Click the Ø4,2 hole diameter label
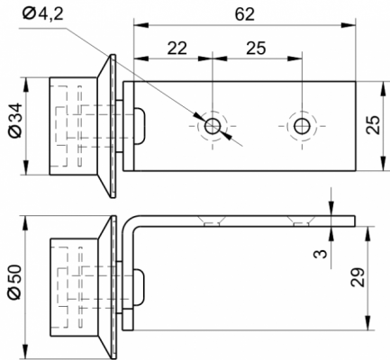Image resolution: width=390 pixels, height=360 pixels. pyautogui.click(x=43, y=13)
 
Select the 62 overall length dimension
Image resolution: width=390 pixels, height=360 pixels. pyautogui.click(x=245, y=14)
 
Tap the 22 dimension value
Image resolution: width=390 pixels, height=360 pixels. pyautogui.click(x=177, y=48)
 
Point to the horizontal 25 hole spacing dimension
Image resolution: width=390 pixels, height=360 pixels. pyautogui.click(x=256, y=48)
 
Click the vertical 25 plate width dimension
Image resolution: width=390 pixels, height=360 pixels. pyautogui.click(x=374, y=124)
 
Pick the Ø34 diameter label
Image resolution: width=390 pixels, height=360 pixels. pyautogui.click(x=15, y=121)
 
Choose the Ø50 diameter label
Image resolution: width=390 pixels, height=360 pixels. pyautogui.click(x=15, y=282)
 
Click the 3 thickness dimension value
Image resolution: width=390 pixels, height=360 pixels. pyautogui.click(x=320, y=254)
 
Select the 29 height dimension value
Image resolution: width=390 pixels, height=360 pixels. pyautogui.click(x=358, y=277)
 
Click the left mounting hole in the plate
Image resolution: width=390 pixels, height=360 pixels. pyautogui.click(x=213, y=126)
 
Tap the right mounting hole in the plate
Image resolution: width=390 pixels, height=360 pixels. pyautogui.click(x=302, y=126)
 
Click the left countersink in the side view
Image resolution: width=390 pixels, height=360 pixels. pyautogui.click(x=212, y=220)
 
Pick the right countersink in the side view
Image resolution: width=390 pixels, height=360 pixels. pyautogui.click(x=301, y=220)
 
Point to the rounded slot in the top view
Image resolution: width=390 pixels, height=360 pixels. pyautogui.click(x=140, y=126)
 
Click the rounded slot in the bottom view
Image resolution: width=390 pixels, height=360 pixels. pyautogui.click(x=139, y=287)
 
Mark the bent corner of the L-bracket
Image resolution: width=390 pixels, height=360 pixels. pyautogui.click(x=129, y=222)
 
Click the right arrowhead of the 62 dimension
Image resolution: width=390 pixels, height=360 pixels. pyautogui.click(x=349, y=25)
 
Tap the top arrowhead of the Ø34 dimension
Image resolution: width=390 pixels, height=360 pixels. pyautogui.click(x=26, y=85)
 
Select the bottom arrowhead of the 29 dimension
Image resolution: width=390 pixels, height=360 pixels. pyautogui.click(x=367, y=323)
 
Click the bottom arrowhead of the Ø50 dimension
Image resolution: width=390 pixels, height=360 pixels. pyautogui.click(x=26, y=352)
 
